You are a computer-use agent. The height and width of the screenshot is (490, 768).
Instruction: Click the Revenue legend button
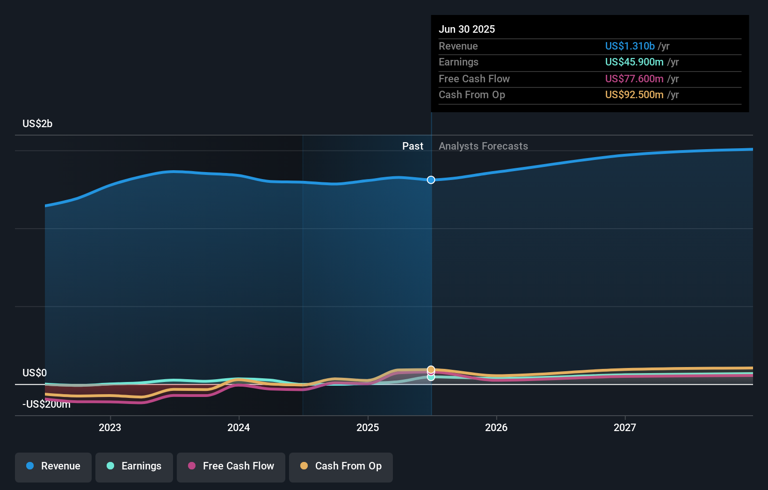click(53, 466)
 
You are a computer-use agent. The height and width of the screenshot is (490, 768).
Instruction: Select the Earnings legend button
click(134, 466)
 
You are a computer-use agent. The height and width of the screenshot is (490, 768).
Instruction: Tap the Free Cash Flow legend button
click(231, 466)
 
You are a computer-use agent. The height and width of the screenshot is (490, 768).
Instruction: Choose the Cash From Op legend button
click(341, 466)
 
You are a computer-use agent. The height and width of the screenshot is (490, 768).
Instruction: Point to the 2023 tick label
click(110, 427)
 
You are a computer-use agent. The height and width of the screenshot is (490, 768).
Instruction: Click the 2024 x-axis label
click(239, 427)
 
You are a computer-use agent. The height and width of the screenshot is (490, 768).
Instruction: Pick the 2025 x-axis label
click(368, 427)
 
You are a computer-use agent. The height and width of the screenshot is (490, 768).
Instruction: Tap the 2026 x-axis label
click(496, 427)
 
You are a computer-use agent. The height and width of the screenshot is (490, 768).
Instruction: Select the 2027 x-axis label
click(625, 427)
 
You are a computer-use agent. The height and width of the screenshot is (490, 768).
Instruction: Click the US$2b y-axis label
click(37, 123)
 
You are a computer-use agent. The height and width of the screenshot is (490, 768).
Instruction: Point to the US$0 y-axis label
click(35, 373)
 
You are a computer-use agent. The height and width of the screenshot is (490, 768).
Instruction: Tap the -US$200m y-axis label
click(46, 404)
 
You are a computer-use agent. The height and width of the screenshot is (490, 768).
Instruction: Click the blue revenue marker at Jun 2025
click(431, 180)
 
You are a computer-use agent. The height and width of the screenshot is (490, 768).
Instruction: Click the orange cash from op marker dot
click(431, 370)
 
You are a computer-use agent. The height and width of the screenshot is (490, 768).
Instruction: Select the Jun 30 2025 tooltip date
click(467, 29)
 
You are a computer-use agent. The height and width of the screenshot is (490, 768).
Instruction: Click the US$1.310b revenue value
click(630, 46)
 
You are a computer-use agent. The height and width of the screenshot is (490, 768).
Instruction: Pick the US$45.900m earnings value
click(634, 62)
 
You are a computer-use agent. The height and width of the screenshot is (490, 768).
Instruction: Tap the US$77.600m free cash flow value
click(634, 79)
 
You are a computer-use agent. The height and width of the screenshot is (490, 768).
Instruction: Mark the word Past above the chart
click(413, 146)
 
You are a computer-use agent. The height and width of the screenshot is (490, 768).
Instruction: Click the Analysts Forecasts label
click(483, 146)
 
